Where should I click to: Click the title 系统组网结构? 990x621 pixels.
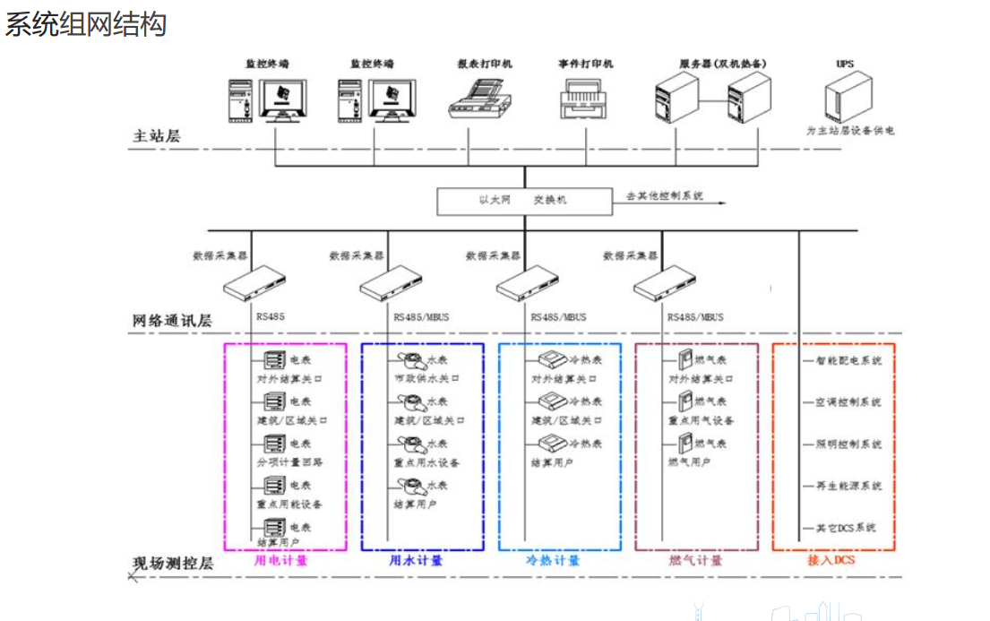(x=86, y=23)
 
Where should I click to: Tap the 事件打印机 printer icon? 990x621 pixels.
(x=584, y=98)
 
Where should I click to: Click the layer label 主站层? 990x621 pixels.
(x=157, y=136)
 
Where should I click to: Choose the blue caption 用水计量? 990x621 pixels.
(x=416, y=561)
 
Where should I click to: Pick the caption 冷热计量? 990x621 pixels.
(x=553, y=561)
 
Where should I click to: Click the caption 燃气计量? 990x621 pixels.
(x=695, y=561)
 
